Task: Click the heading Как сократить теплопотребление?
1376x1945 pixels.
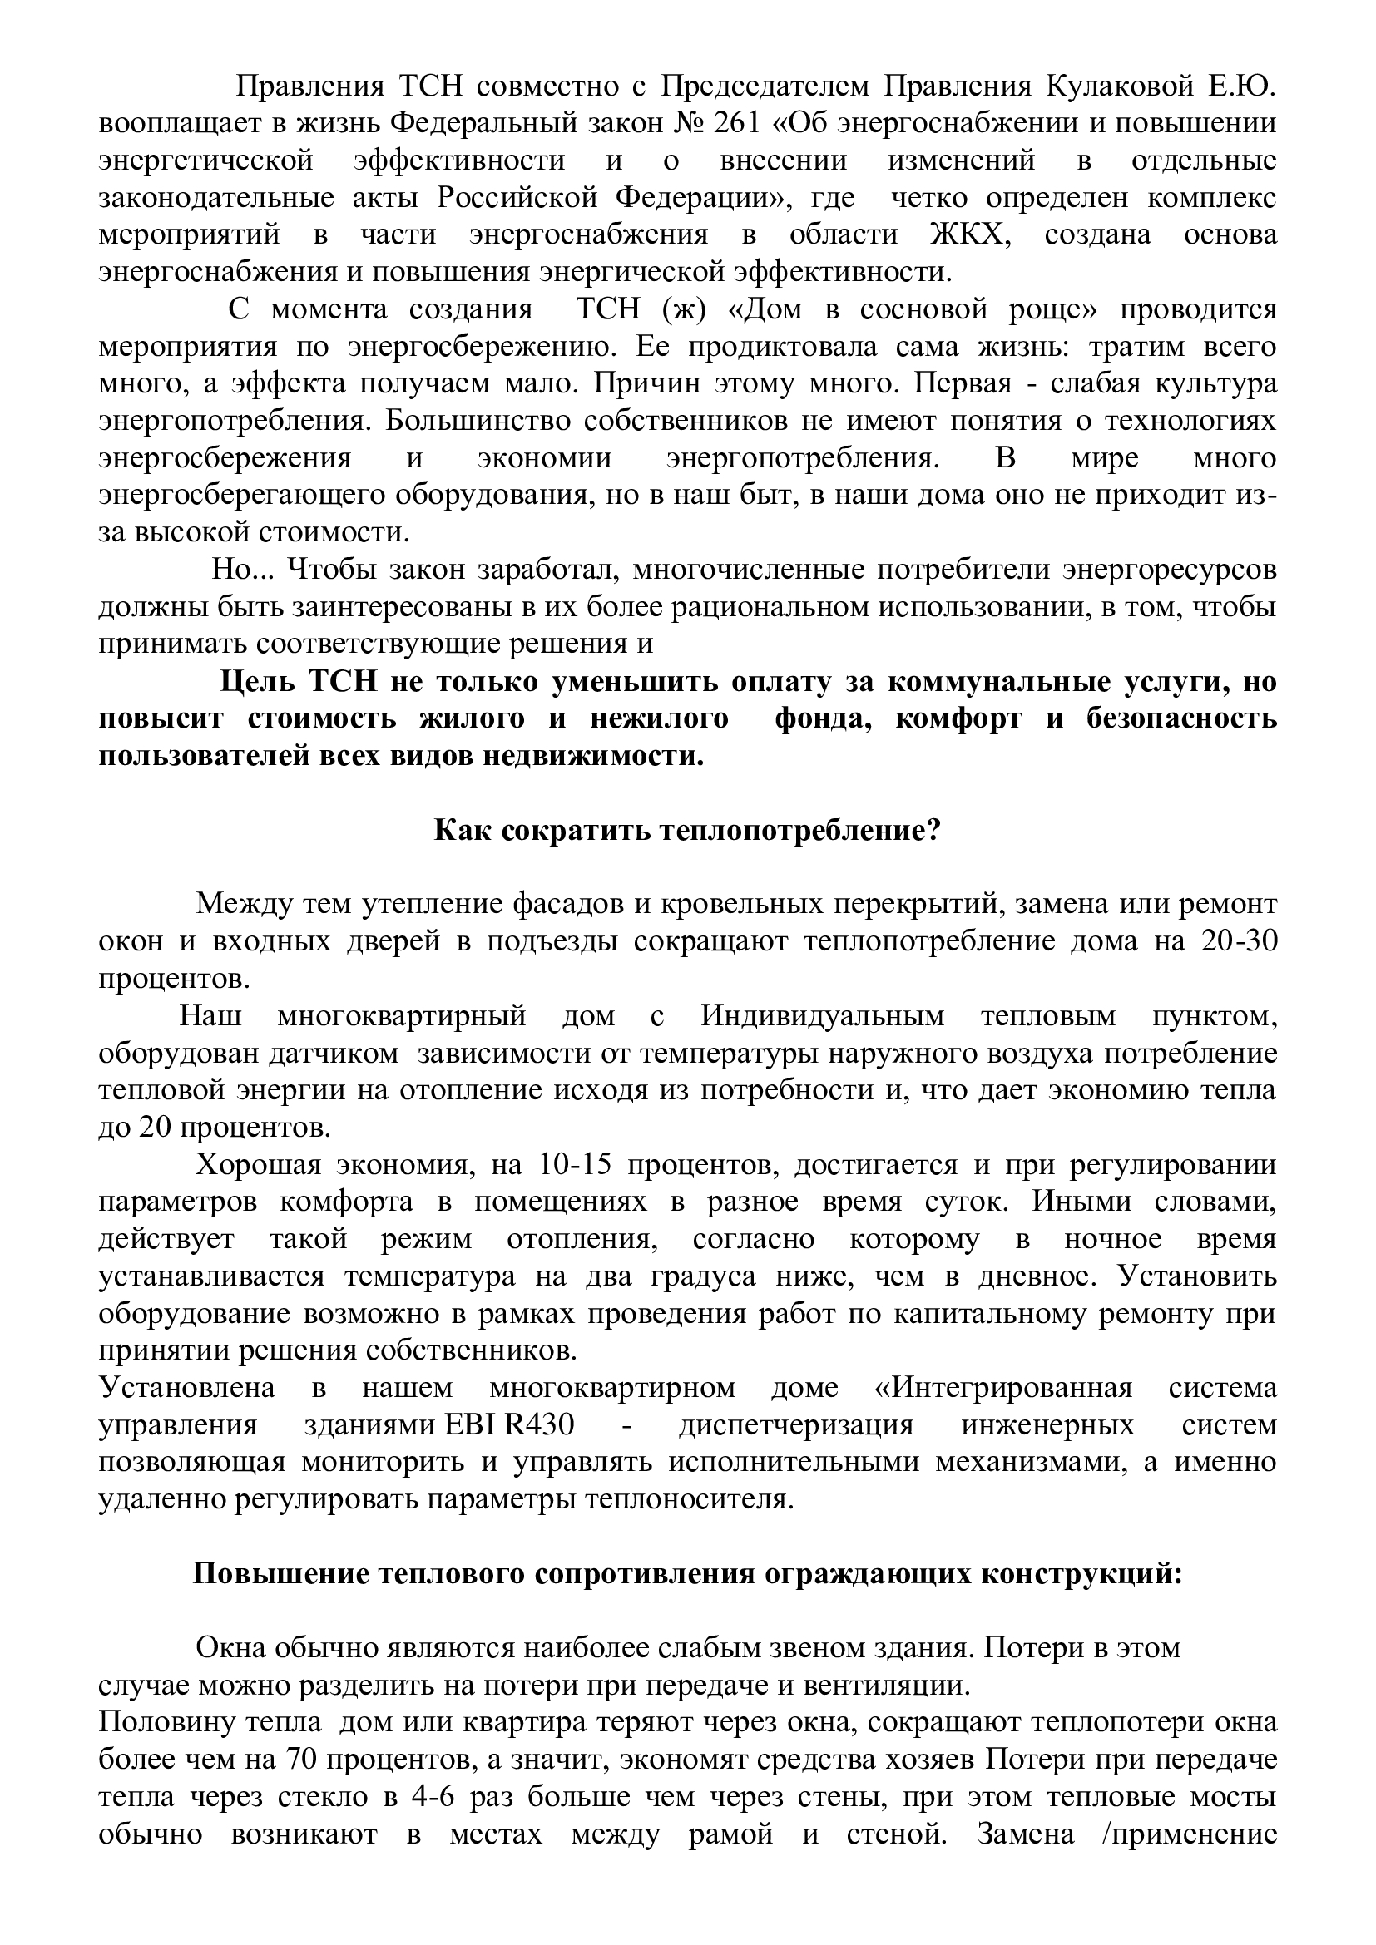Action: click(687, 830)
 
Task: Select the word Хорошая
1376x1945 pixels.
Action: click(259, 1165)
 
